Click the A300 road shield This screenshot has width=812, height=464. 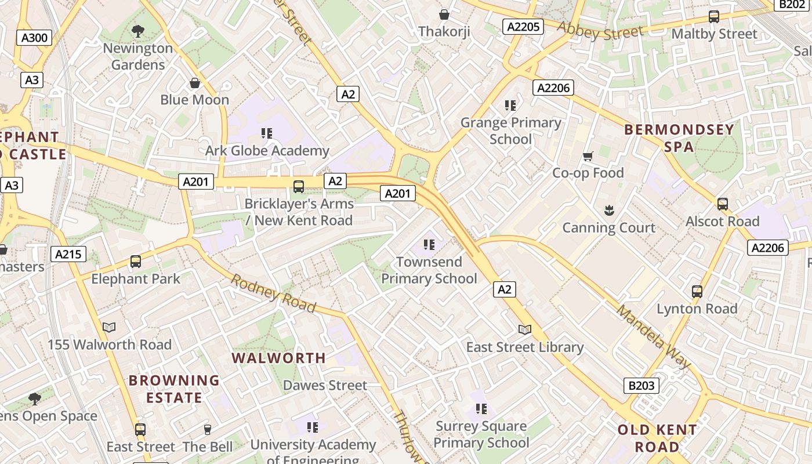pyautogui.click(x=34, y=38)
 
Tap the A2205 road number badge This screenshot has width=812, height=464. pyautogui.click(x=523, y=27)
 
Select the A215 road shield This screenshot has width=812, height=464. pyautogui.click(x=68, y=253)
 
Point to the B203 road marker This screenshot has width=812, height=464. pyautogui.click(x=641, y=385)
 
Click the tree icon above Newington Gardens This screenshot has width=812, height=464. pyautogui.click(x=138, y=31)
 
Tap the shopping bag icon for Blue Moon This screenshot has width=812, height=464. pyautogui.click(x=195, y=83)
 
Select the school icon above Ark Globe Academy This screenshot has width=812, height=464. pyautogui.click(x=267, y=133)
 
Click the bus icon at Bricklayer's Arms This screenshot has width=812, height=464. pyautogui.click(x=299, y=187)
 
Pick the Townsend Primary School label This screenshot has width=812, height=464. pyautogui.click(x=429, y=270)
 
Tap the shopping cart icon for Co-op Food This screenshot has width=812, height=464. pyautogui.click(x=588, y=156)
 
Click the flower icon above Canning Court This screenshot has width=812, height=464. pyautogui.click(x=609, y=210)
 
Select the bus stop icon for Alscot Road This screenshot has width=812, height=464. pyautogui.click(x=722, y=204)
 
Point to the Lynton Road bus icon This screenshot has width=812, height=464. pyautogui.click(x=697, y=292)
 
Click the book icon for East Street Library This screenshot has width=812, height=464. pyautogui.click(x=525, y=330)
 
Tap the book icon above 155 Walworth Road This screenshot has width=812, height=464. pyautogui.click(x=109, y=328)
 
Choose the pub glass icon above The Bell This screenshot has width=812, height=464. pyautogui.click(x=208, y=430)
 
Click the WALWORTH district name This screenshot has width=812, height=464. pyautogui.click(x=279, y=358)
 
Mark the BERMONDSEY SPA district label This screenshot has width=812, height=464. pyautogui.click(x=679, y=138)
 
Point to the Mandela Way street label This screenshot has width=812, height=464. pyautogui.click(x=654, y=336)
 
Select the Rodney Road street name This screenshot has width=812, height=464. pyautogui.click(x=274, y=293)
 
